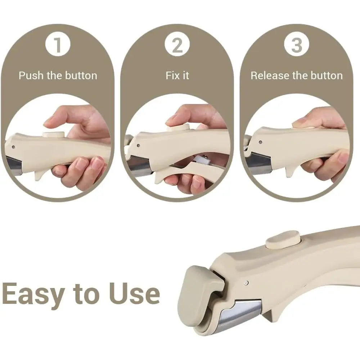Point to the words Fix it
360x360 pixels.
pos(177,76)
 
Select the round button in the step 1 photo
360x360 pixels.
pos(54,135)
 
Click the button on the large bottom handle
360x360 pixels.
pos(283,240)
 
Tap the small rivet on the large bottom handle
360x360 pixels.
pos(246,283)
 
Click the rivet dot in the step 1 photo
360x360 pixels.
pos(13,147)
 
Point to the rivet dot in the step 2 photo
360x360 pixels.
pos(138,145)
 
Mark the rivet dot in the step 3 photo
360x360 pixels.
pos(260,142)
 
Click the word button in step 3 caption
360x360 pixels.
pos(329,76)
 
